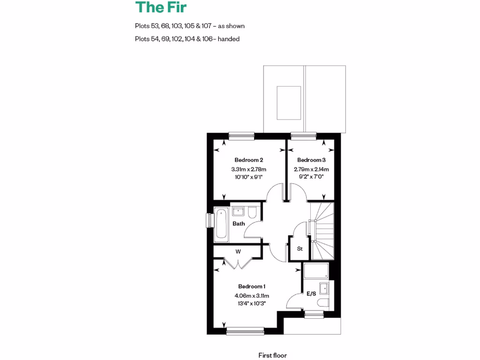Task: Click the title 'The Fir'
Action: point(161,7)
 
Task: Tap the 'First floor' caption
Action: point(272,355)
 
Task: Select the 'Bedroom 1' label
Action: point(252,286)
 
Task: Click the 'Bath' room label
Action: point(239,224)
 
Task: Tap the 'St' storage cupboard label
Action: point(300,249)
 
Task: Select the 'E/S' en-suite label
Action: point(311,294)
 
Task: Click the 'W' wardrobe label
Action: point(238,252)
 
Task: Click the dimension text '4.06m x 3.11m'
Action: point(252,295)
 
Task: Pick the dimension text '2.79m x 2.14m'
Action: point(311,169)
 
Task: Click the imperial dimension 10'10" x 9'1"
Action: point(248,177)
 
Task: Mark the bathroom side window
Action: point(210,223)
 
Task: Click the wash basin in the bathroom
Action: point(238,211)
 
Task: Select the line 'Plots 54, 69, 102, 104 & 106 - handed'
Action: point(187,39)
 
